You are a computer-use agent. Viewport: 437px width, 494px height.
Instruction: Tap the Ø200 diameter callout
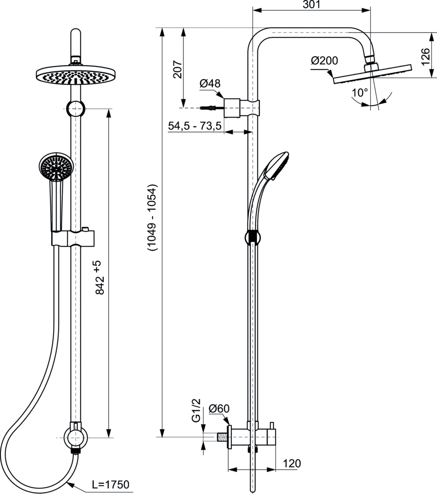click(x=324, y=61)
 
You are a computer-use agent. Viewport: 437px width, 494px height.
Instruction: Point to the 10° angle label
click(x=360, y=92)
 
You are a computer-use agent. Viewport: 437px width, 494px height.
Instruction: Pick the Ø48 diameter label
click(x=210, y=84)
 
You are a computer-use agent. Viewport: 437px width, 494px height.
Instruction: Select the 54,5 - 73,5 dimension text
click(x=195, y=126)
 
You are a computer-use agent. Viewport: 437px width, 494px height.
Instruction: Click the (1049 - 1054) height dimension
click(x=153, y=218)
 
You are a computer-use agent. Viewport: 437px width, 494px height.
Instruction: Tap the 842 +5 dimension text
click(x=98, y=278)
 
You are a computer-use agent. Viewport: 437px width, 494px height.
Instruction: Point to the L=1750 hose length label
click(x=110, y=484)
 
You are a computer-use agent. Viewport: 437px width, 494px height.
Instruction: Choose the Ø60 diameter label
click(x=220, y=409)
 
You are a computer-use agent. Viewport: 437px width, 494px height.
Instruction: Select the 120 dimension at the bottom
click(x=291, y=464)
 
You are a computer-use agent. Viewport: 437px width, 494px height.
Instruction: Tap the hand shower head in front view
click(x=56, y=167)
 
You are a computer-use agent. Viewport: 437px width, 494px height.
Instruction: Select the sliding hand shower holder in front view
click(x=73, y=237)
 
